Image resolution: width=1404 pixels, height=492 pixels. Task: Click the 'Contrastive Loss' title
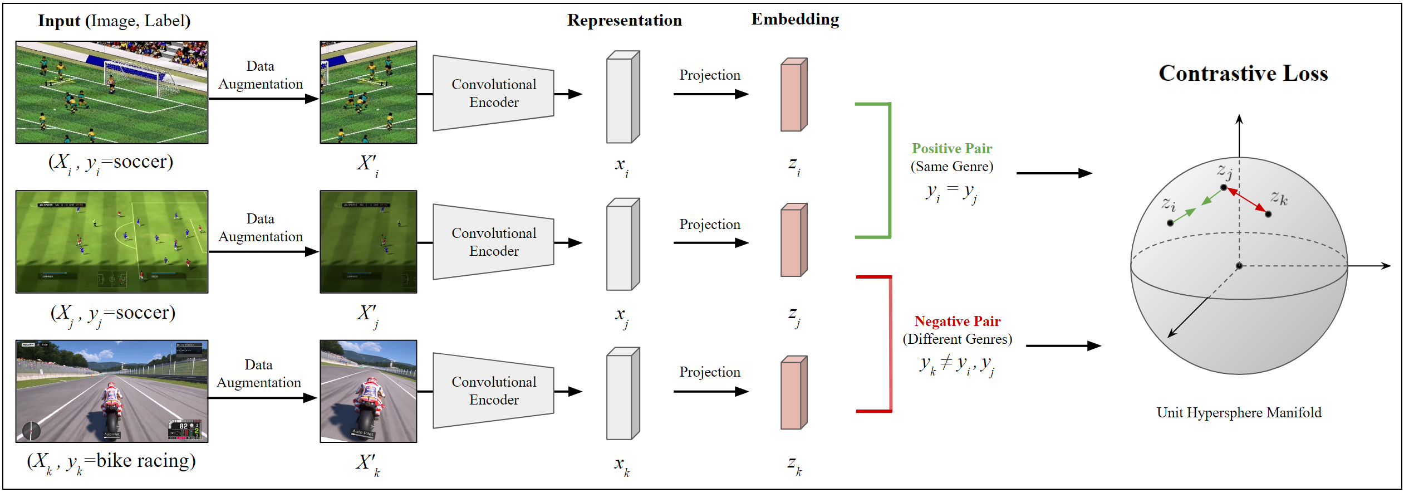(x=1243, y=74)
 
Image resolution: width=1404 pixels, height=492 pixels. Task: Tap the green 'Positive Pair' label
(x=951, y=149)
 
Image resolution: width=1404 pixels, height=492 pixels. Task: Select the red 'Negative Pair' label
(x=957, y=321)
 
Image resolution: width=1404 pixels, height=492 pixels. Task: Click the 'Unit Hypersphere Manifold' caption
(x=1238, y=413)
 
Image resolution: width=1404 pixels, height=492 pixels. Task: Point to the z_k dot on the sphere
(x=1268, y=214)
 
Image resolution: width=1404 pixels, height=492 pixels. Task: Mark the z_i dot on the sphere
(x=1170, y=223)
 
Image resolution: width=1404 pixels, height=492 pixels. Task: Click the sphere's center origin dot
(x=1239, y=266)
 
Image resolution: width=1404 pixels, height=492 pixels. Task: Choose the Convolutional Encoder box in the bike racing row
(x=493, y=391)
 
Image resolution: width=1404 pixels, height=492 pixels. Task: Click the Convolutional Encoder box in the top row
(x=493, y=93)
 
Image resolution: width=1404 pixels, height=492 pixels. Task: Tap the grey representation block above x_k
(x=622, y=393)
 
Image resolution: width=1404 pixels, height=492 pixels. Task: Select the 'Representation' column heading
(x=624, y=21)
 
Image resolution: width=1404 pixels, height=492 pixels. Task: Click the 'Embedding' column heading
(x=794, y=20)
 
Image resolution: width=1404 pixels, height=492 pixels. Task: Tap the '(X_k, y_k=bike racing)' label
(x=111, y=461)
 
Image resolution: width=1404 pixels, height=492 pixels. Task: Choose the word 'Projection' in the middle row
(x=709, y=225)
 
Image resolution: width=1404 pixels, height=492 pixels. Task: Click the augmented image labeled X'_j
(x=368, y=242)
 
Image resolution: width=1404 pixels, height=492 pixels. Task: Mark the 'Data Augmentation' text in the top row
(x=260, y=75)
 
